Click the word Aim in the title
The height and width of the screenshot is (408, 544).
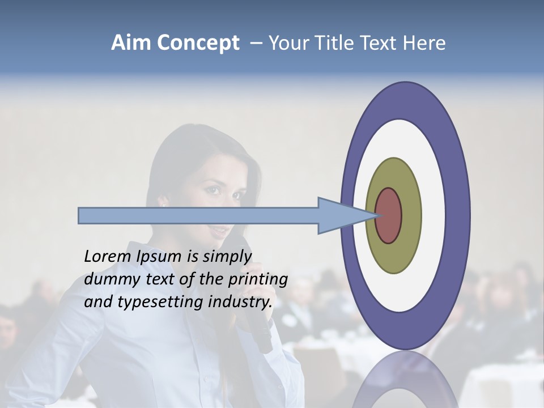[131, 43]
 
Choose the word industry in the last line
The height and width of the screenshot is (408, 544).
[240, 302]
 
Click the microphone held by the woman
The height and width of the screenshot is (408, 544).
[258, 329]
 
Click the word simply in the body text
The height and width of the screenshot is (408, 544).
[227, 257]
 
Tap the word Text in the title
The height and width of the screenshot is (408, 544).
[382, 43]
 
